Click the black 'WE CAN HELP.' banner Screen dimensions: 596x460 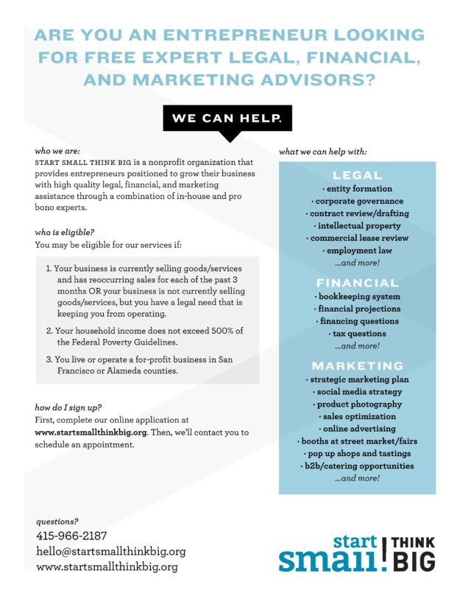(x=230, y=117)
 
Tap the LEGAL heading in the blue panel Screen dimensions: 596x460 (x=357, y=175)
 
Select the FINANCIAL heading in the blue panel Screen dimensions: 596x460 (x=357, y=283)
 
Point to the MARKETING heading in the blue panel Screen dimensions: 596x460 (x=357, y=366)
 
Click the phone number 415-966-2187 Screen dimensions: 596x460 (x=71, y=536)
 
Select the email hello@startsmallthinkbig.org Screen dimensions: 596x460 (x=110, y=551)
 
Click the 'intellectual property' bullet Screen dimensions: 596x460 (x=358, y=226)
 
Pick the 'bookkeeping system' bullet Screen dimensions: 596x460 (x=358, y=296)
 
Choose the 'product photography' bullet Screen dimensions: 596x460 (x=358, y=404)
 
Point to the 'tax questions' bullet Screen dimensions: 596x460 (x=358, y=334)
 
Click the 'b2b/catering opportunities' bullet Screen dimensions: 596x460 (x=358, y=466)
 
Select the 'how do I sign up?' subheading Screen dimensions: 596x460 (x=68, y=407)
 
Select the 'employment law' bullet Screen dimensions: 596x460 (x=358, y=251)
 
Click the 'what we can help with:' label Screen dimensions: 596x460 (x=323, y=152)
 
